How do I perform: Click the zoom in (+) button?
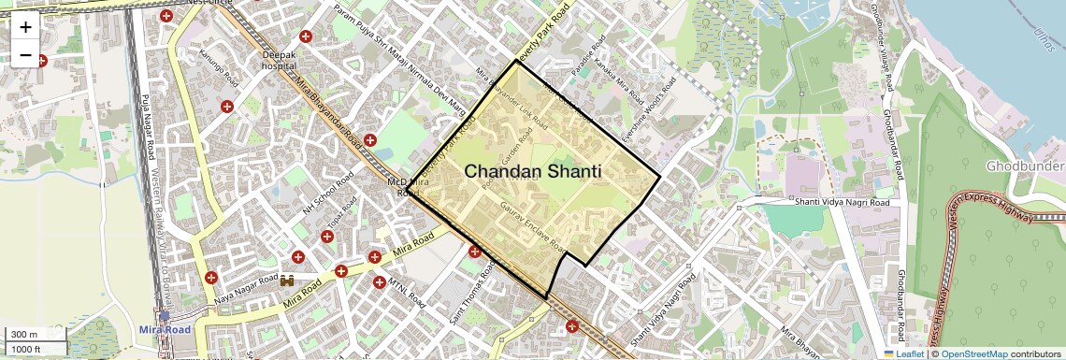[25, 26]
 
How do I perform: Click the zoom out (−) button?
[25, 54]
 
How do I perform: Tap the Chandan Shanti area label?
[532, 172]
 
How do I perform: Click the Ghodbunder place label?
[1025, 166]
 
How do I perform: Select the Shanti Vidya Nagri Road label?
[840, 200]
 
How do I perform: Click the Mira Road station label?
[165, 330]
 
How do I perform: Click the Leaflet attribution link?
[903, 353]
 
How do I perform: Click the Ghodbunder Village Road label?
[887, 41]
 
